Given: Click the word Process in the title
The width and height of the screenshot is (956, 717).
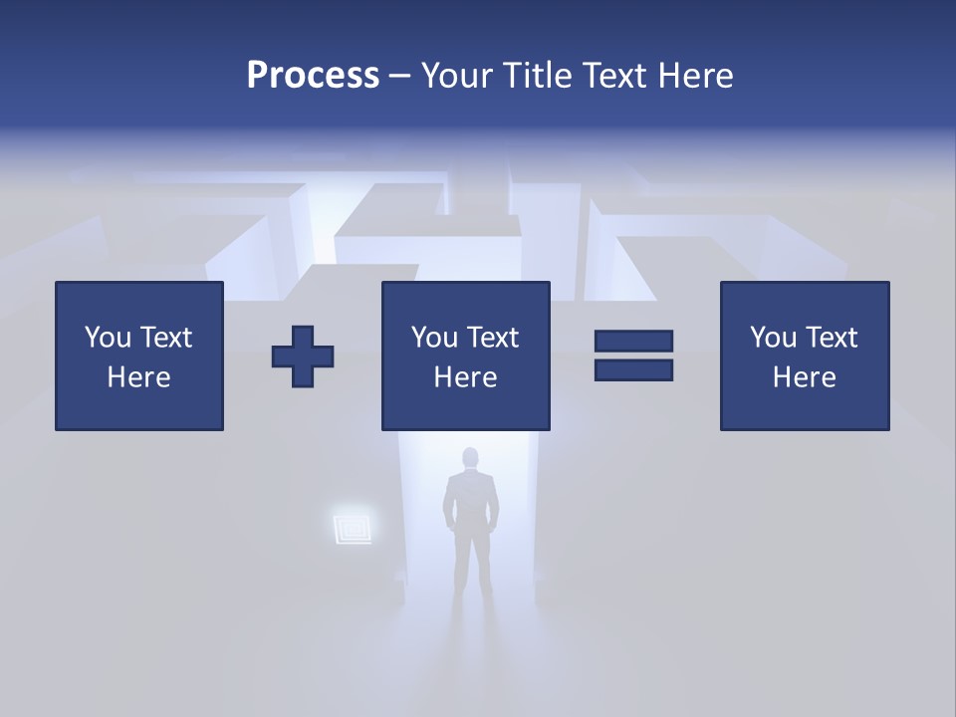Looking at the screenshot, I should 313,76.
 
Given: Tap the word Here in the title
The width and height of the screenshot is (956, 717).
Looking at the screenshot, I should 696,76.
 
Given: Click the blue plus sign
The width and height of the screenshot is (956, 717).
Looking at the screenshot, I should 303,357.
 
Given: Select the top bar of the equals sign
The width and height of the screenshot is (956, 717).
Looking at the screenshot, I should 633,341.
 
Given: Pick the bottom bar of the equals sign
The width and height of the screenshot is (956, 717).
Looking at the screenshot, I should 633,370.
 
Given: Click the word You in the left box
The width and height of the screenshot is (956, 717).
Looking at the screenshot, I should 108,338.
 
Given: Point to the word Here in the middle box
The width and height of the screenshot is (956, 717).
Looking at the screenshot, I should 465,377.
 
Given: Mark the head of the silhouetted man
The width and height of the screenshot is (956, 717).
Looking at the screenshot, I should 470,459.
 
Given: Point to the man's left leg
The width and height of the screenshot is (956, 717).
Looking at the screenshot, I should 461,568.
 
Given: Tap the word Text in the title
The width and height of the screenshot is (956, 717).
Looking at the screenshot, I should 619,76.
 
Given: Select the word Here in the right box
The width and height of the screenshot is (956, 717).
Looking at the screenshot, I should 804,377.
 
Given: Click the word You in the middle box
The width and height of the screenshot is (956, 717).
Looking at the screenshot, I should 434,338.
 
